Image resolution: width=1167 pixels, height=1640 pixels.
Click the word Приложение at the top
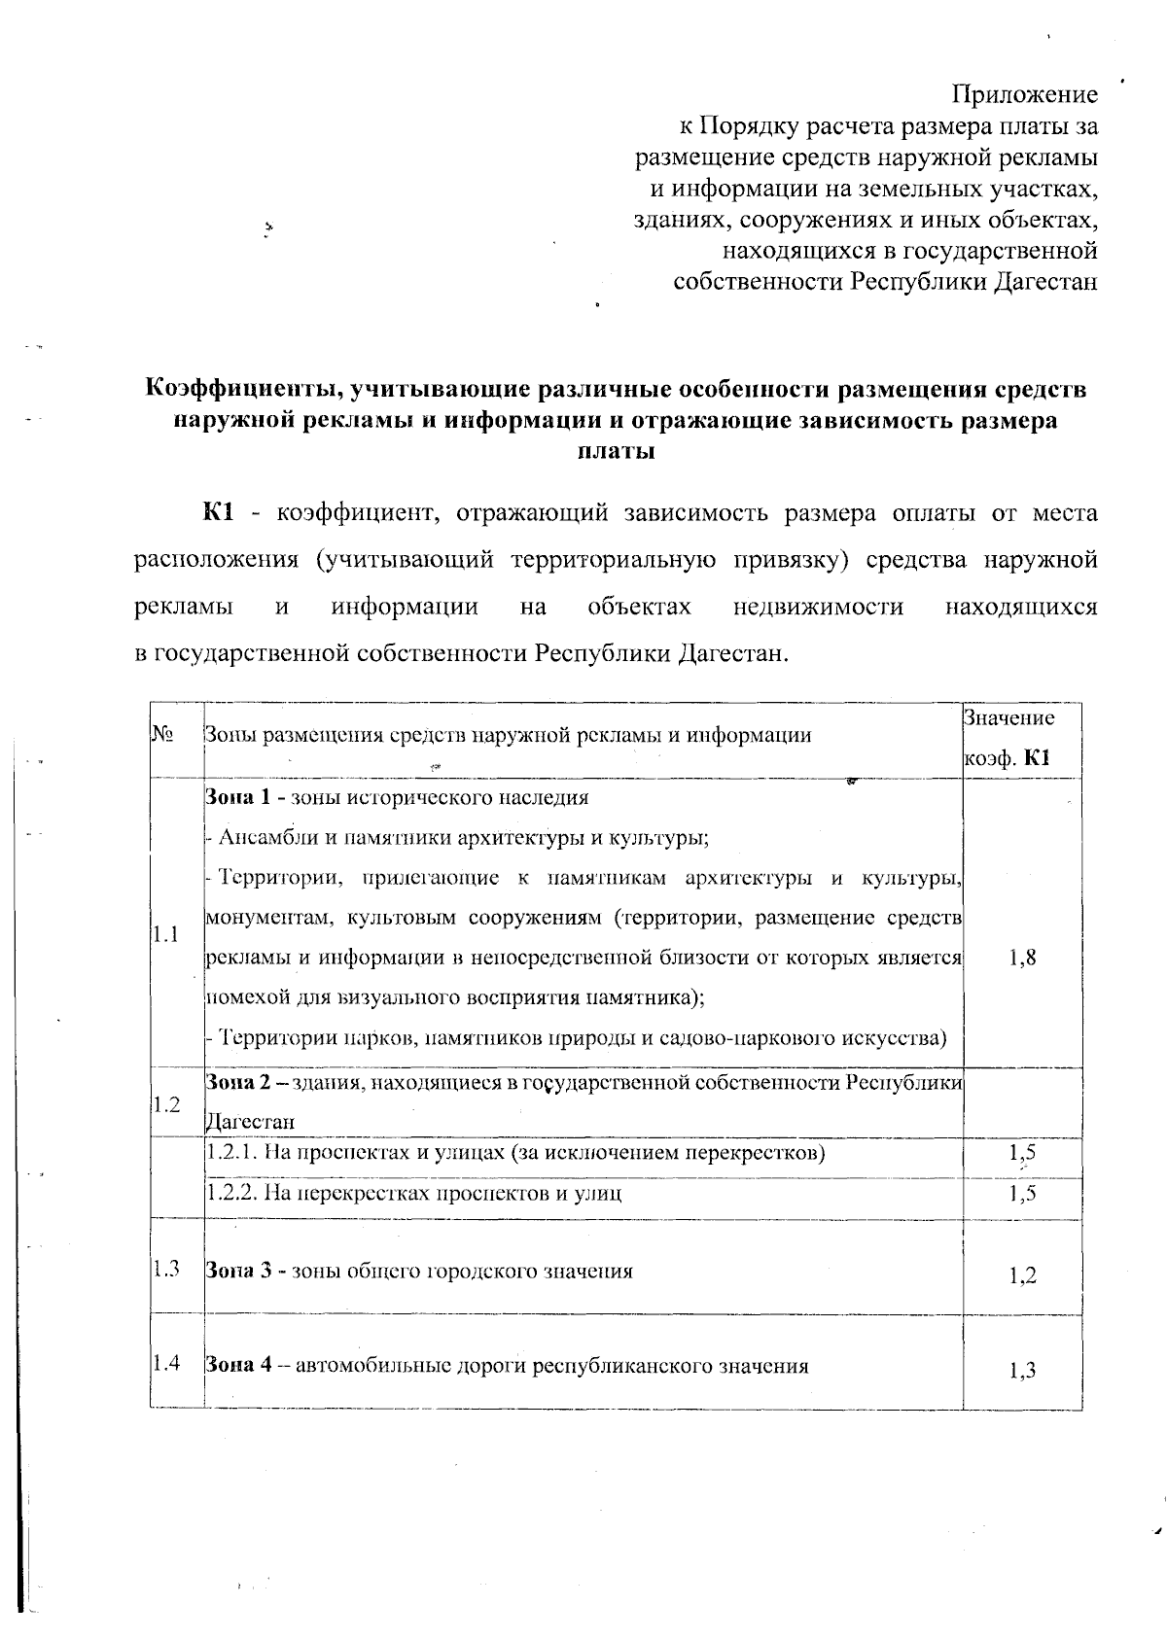pos(1024,95)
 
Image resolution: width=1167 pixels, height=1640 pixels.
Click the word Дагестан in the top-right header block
pos(1043,282)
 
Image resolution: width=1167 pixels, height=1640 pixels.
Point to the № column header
pos(162,735)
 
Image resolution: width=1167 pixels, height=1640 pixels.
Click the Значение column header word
pos(1008,718)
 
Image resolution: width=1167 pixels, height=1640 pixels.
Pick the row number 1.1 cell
pos(165,935)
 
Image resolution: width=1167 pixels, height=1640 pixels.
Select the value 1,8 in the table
pos(1022,958)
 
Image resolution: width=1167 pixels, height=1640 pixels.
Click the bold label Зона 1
pos(236,798)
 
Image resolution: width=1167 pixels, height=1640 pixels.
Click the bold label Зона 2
pos(236,1082)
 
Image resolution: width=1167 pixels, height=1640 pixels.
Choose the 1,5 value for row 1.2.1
pos(1022,1154)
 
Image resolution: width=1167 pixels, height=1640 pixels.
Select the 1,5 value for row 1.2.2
pos(1022,1193)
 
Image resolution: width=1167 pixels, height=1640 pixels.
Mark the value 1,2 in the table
pos(1022,1275)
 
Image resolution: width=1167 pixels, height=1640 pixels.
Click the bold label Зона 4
pos(236,1366)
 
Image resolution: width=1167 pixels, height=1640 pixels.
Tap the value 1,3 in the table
pos(1022,1371)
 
